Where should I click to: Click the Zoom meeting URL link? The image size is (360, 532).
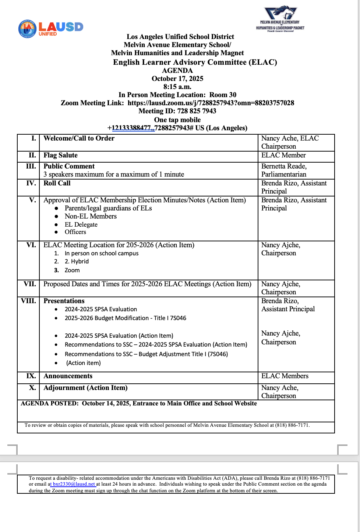[x=211, y=103]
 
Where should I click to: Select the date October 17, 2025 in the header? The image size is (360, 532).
[x=177, y=79]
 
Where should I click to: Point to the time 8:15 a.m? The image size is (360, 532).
[x=177, y=87]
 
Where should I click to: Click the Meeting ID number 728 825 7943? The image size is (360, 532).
[x=197, y=111]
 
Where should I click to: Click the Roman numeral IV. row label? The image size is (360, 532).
[x=31, y=183]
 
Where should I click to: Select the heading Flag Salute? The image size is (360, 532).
[x=60, y=155]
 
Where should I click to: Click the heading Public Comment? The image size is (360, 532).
[x=69, y=166]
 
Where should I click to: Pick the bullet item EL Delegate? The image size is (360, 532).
[x=81, y=224]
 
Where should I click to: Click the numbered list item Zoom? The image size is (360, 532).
[x=72, y=270]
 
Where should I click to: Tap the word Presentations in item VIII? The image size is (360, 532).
[x=64, y=301]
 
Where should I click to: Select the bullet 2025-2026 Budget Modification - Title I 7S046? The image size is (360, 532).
[x=125, y=318]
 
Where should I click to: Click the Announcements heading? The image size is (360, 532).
[x=68, y=376]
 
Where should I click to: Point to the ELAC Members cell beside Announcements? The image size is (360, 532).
[x=285, y=376]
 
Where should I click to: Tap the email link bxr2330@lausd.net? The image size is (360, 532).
[x=74, y=484]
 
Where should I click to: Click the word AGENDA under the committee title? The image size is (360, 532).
[x=177, y=71]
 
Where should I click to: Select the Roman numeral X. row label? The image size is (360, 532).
[x=32, y=388]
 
